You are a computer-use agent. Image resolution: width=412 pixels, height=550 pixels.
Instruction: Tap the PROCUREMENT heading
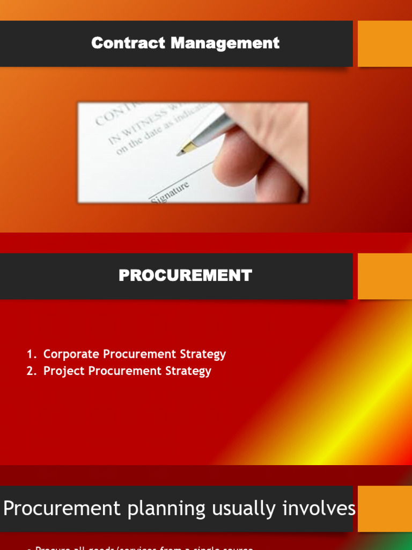pos(185,276)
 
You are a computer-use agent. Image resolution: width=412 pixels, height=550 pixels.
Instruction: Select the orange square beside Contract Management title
pos(385,44)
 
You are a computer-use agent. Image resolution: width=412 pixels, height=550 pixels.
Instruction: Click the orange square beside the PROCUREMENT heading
pos(385,276)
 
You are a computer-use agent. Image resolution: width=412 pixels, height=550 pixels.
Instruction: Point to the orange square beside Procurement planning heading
pos(385,509)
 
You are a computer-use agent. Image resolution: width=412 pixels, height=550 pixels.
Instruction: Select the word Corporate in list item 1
pos(71,354)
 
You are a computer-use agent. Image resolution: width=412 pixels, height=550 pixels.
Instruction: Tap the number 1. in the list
pos(32,354)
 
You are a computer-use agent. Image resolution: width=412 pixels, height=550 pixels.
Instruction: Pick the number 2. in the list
pos(32,371)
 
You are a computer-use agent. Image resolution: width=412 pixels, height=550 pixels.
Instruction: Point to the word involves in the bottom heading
pos(321,509)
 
